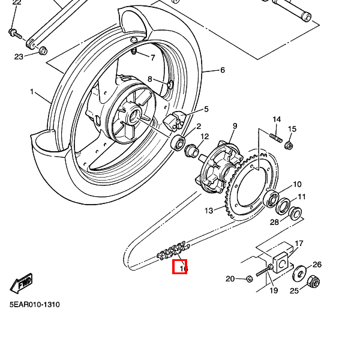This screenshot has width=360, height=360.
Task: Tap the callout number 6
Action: click(x=222, y=70)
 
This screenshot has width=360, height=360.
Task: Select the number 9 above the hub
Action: click(x=235, y=126)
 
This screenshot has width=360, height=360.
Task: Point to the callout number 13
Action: click(x=209, y=211)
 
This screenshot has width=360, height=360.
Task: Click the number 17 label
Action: click(x=299, y=244)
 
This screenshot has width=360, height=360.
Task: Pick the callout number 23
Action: click(x=19, y=57)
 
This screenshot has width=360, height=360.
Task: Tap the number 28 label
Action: click(x=274, y=223)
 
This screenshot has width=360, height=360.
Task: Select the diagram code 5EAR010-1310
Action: click(x=34, y=304)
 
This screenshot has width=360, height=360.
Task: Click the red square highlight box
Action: click(x=180, y=267)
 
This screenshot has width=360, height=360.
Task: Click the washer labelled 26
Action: click(x=299, y=275)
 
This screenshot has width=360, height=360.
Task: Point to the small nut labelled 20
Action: click(x=249, y=278)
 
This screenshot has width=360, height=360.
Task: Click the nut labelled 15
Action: click(x=289, y=145)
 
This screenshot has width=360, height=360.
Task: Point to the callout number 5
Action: click(x=206, y=109)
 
